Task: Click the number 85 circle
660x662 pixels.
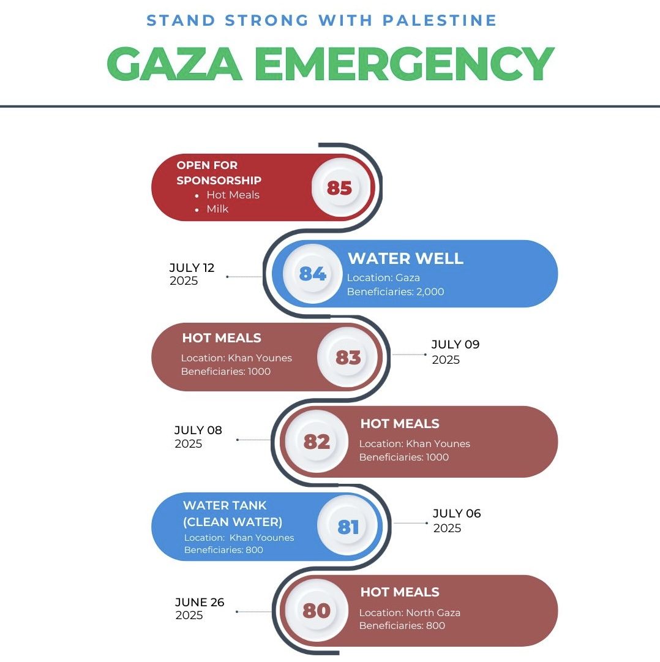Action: tap(339, 187)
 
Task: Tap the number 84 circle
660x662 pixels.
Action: tap(312, 273)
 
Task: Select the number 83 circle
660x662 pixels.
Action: tap(348, 357)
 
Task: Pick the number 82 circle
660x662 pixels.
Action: tap(317, 441)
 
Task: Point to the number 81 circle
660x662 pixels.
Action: tap(348, 527)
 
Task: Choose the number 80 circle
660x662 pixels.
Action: tap(317, 611)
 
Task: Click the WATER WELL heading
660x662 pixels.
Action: tap(405, 258)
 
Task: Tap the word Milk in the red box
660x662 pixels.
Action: tap(217, 209)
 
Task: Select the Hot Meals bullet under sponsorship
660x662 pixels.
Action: tap(233, 195)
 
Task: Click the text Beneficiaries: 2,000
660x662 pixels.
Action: tap(396, 292)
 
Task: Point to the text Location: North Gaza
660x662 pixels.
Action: tap(410, 612)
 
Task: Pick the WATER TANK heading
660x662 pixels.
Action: tap(225, 506)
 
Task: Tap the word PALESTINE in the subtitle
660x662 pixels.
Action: tap(440, 20)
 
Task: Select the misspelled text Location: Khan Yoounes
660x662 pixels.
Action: tap(239, 538)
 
